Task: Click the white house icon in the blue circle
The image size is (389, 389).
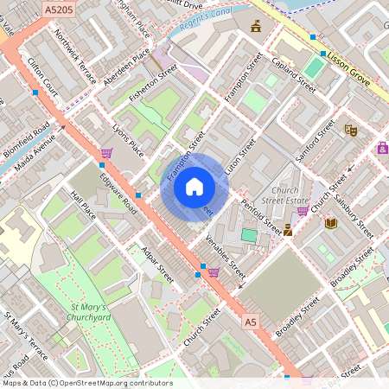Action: [194, 187]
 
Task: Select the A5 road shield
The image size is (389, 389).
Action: [251, 322]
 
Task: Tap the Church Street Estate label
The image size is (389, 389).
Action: [284, 196]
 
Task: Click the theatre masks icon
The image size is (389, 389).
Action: [351, 130]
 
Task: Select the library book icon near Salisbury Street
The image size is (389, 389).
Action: [330, 223]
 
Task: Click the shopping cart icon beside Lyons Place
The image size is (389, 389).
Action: [106, 153]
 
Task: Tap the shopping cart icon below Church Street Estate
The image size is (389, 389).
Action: [303, 210]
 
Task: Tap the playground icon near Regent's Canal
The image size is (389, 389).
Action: [256, 27]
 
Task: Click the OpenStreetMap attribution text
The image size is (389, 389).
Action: [87, 382]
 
